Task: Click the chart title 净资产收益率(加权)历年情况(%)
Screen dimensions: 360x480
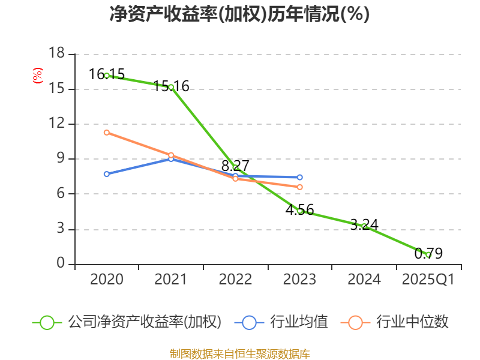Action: pyautogui.click(x=239, y=14)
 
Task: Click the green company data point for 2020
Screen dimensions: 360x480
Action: pyautogui.click(x=107, y=76)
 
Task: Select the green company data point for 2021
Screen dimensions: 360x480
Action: pyautogui.click(x=171, y=87)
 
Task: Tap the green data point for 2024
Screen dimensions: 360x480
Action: pyautogui.click(x=364, y=226)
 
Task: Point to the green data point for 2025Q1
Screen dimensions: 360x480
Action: pyautogui.click(x=428, y=254)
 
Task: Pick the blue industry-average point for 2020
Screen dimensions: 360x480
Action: pyautogui.click(x=107, y=174)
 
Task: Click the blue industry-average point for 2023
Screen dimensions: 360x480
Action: pyautogui.click(x=300, y=178)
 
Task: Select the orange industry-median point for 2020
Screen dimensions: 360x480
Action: pyautogui.click(x=107, y=132)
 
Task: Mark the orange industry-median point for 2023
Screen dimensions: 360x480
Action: pyautogui.click(x=300, y=187)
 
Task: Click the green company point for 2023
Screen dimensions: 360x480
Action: pyautogui.click(x=300, y=211)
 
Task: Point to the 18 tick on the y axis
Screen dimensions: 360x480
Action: pyautogui.click(x=56, y=54)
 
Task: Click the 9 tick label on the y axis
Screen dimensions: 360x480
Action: pyautogui.click(x=60, y=159)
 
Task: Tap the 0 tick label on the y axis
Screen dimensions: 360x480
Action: pyautogui.click(x=60, y=264)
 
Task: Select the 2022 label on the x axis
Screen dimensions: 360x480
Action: pyautogui.click(x=235, y=280)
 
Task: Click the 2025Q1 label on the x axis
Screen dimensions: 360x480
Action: pyautogui.click(x=428, y=280)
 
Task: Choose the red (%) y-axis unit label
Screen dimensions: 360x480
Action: pyautogui.click(x=38, y=76)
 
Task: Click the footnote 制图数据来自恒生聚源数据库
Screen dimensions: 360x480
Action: pyautogui.click(x=239, y=353)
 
